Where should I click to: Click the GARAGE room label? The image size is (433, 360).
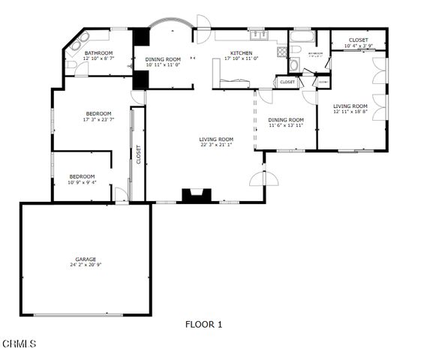[x=86, y=258]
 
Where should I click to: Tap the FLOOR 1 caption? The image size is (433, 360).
[x=204, y=325]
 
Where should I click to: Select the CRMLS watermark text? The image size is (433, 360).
[x=19, y=344]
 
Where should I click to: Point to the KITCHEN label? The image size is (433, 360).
[x=242, y=52]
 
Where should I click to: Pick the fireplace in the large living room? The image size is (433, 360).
[x=197, y=196]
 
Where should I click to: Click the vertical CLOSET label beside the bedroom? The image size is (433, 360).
[x=138, y=154]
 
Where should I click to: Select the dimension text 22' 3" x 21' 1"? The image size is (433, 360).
[x=216, y=145]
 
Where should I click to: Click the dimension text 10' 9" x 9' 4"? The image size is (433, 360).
[x=82, y=182]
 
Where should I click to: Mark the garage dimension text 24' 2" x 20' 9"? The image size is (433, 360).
[x=86, y=265]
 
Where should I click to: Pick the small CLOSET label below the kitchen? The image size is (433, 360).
[x=287, y=82]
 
